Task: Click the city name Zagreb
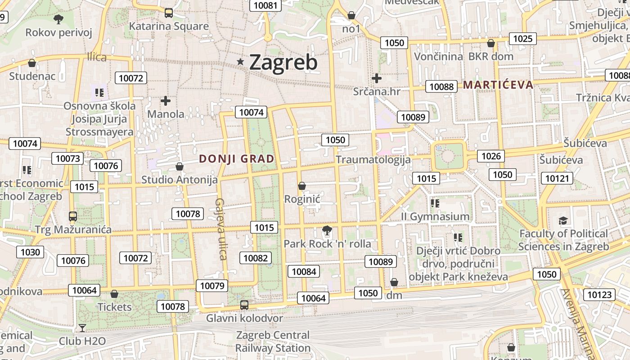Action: tap(283, 63)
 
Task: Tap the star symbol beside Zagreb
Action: tap(241, 62)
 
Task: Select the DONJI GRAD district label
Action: tap(237, 159)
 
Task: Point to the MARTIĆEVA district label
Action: tap(498, 85)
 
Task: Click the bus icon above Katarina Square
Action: tap(169, 13)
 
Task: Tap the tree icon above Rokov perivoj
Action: tap(58, 19)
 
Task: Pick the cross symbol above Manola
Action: tap(166, 101)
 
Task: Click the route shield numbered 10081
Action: tap(265, 5)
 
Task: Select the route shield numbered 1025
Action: tap(522, 39)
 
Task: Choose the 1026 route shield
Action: tap(491, 156)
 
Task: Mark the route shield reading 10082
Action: tap(256, 258)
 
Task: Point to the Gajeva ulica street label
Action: tap(220, 229)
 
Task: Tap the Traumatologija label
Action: tap(373, 160)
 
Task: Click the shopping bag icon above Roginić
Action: tap(302, 186)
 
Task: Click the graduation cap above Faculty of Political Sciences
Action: tap(563, 220)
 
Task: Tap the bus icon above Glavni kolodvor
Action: tap(244, 305)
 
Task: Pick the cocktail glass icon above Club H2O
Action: tap(82, 328)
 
